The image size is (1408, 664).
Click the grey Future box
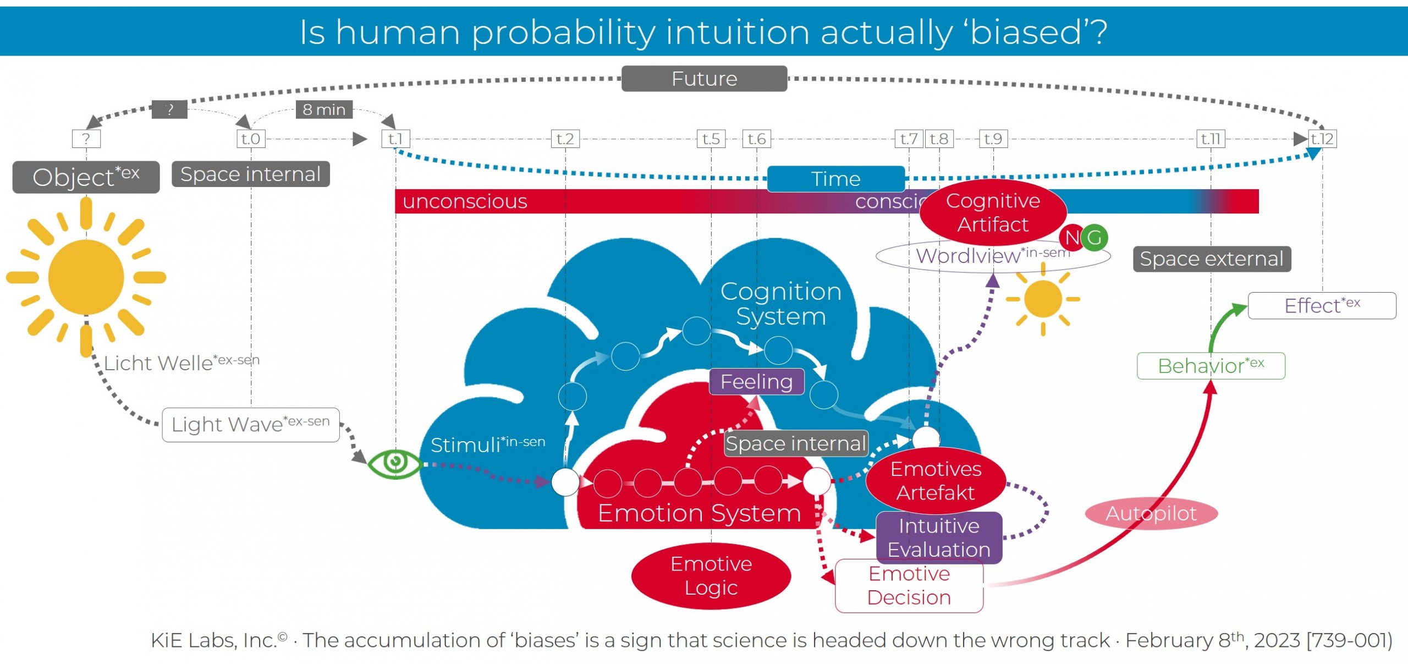(704, 79)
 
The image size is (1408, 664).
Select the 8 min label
(324, 109)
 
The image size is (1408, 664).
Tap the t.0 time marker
(251, 139)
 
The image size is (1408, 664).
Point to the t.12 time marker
(1322, 139)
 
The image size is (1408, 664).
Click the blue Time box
(835, 179)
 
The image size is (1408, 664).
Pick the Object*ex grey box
(86, 177)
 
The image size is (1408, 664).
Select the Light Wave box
(251, 424)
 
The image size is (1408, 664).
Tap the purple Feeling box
(756, 382)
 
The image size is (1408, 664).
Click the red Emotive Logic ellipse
(711, 575)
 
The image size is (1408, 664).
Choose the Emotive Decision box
(909, 586)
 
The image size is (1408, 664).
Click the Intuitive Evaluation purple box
(939, 537)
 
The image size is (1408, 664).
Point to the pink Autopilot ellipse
(1151, 513)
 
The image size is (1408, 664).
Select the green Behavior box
(1211, 366)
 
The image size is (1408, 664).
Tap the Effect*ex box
(1322, 305)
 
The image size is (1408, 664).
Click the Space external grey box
(1212, 259)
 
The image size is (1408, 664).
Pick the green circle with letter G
(1095, 238)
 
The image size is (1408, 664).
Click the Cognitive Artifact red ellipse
(993, 212)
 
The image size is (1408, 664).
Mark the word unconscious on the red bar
(465, 201)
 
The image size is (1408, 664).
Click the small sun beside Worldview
(1043, 299)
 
